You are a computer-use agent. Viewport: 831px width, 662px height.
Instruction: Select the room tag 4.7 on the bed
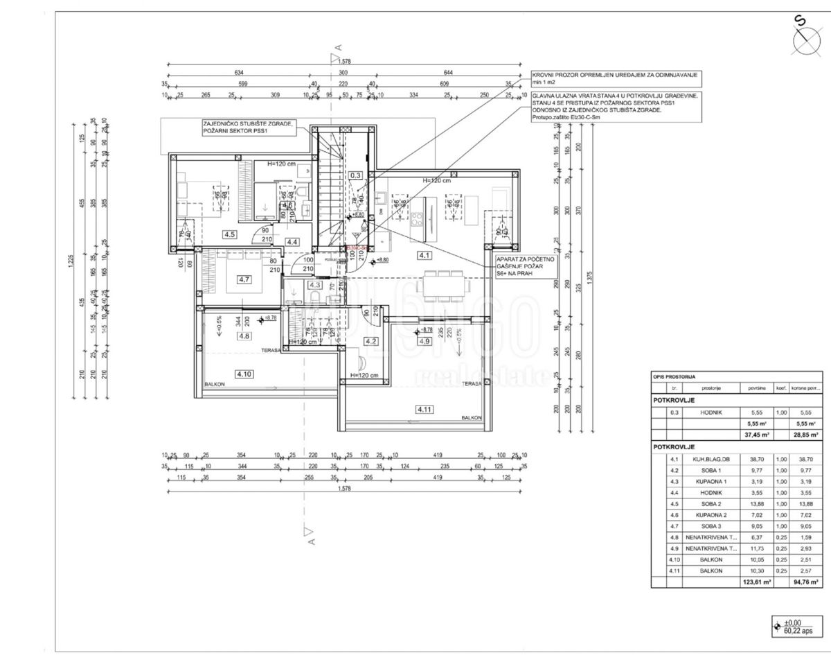pyautogui.click(x=243, y=279)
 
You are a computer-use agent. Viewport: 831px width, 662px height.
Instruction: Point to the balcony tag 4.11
pyautogui.click(x=424, y=410)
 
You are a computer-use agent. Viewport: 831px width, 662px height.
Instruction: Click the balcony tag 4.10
pyautogui.click(x=244, y=374)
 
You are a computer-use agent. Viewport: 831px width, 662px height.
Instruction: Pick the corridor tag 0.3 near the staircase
pyautogui.click(x=356, y=175)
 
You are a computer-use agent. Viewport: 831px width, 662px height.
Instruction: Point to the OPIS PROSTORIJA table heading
pyautogui.click(x=674, y=376)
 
